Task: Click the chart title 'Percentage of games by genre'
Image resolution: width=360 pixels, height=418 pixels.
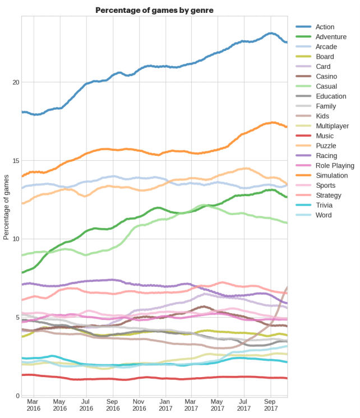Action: click(x=154, y=10)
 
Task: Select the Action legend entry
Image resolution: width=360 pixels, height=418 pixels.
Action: click(x=325, y=27)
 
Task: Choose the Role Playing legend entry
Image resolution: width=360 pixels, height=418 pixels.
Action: click(x=335, y=165)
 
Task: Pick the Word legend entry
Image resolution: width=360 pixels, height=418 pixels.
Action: click(x=324, y=215)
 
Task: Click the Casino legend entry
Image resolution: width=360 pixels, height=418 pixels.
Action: click(x=326, y=76)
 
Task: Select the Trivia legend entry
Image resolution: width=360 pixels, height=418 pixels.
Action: click(x=325, y=205)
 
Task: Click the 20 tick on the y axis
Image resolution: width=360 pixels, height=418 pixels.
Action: click(x=16, y=82)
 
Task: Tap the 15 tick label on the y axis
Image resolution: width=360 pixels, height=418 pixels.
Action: click(x=16, y=161)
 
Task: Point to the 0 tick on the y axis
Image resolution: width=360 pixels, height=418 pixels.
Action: click(x=17, y=396)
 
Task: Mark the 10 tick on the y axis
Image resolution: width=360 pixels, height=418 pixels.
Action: click(x=16, y=239)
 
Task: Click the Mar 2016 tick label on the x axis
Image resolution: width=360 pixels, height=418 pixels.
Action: click(x=33, y=405)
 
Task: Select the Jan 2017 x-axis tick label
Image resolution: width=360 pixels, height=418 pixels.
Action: click(x=165, y=405)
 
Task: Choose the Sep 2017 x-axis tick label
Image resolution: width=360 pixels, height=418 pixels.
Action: click(x=270, y=405)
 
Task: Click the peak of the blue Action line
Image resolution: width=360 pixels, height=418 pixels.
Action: click(x=271, y=33)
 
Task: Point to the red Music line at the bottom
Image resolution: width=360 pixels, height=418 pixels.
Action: click(x=140, y=378)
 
